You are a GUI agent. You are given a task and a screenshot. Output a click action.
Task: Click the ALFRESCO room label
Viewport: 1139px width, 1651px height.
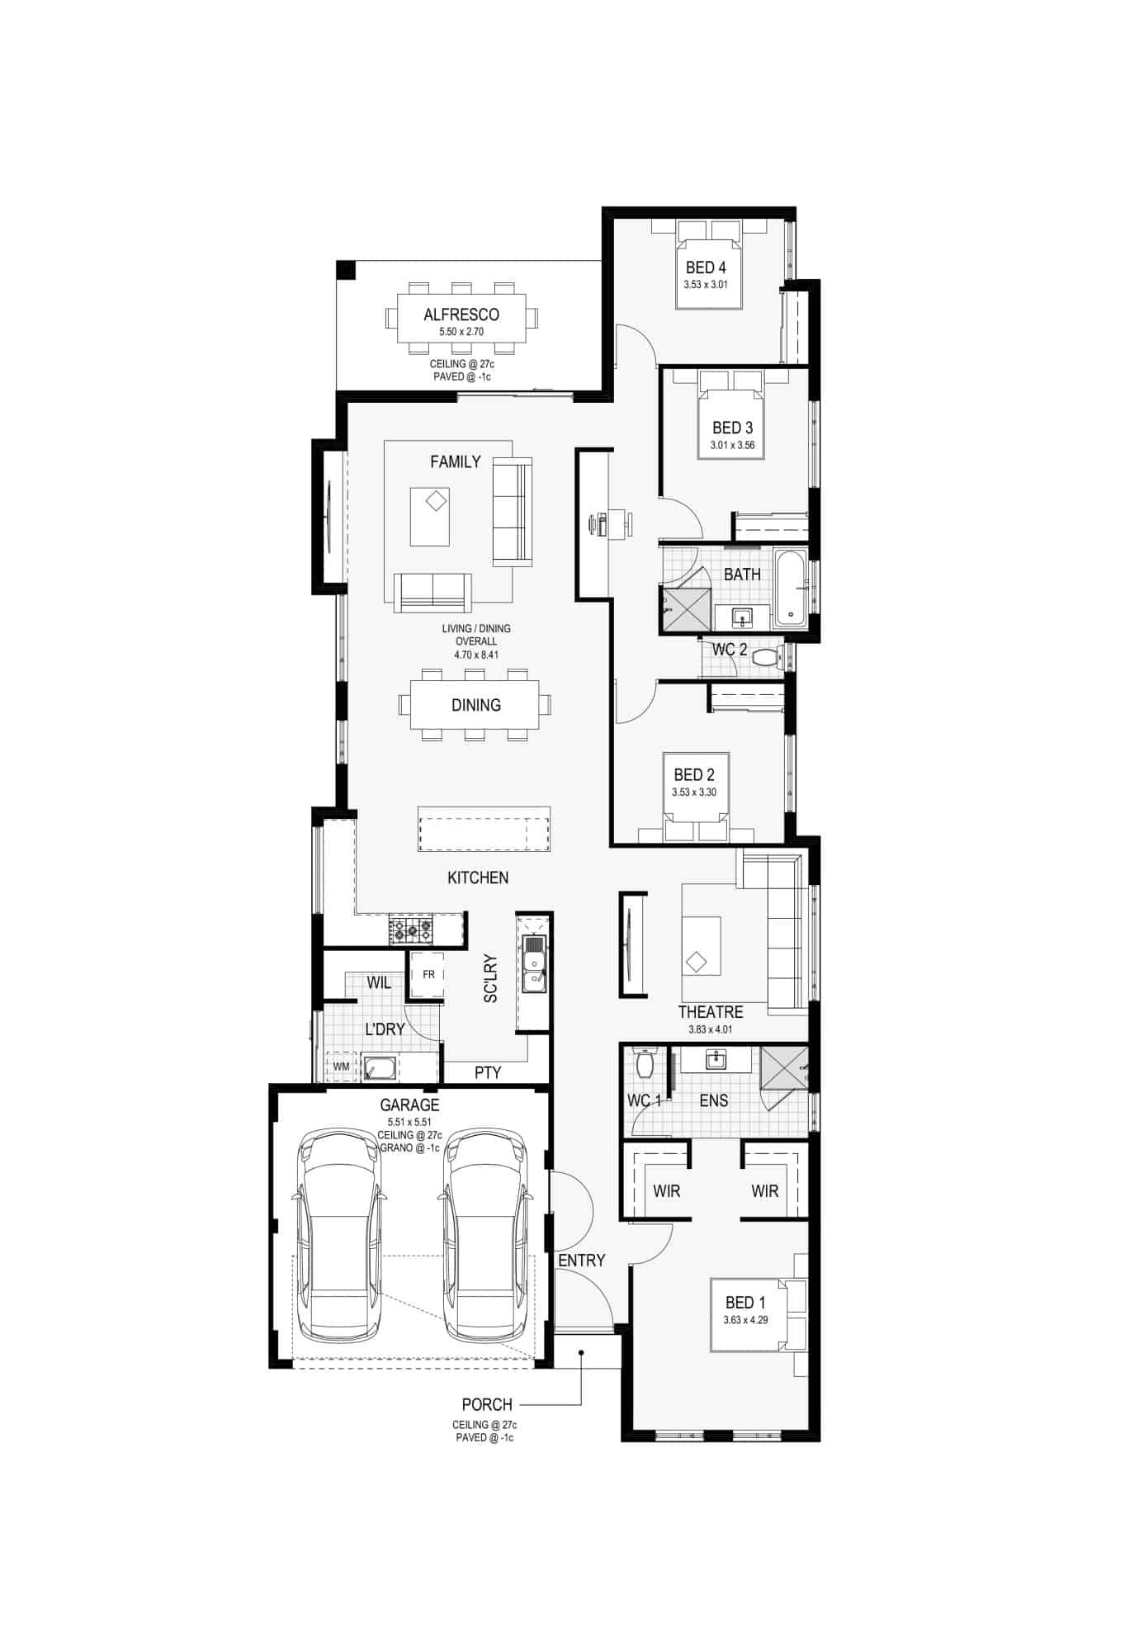click(461, 315)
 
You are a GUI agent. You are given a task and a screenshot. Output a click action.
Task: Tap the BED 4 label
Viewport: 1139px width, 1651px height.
click(706, 267)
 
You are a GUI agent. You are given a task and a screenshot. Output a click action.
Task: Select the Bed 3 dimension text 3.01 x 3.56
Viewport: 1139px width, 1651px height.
click(732, 446)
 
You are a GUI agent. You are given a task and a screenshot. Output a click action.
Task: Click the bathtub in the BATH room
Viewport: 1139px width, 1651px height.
click(792, 585)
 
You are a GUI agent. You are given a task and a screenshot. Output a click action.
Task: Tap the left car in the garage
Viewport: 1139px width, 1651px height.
click(339, 1237)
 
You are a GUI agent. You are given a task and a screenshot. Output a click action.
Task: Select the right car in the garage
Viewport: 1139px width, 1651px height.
click(485, 1237)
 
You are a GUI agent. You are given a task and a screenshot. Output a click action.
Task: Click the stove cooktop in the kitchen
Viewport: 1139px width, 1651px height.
click(411, 931)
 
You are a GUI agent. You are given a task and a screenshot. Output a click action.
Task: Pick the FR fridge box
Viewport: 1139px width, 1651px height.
click(428, 975)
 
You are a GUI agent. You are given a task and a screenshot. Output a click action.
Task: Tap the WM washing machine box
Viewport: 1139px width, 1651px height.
click(341, 1067)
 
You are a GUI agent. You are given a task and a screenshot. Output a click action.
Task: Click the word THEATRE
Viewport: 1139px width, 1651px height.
click(711, 1012)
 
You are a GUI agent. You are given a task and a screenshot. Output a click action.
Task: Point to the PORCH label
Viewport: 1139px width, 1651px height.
click(487, 1404)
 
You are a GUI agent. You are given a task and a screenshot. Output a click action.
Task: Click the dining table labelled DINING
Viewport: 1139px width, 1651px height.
click(475, 705)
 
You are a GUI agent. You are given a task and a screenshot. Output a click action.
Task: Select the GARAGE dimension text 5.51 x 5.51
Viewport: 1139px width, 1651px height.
click(409, 1123)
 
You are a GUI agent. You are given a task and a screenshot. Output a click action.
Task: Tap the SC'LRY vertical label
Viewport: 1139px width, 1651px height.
click(491, 979)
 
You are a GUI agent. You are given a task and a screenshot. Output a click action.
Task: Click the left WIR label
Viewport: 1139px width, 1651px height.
click(666, 1191)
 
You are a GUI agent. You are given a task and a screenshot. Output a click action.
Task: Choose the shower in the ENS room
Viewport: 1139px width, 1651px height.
click(783, 1068)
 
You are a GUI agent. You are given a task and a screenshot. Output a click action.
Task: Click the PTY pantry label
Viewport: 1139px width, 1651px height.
click(488, 1073)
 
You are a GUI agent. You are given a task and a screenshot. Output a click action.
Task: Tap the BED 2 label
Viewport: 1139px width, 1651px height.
click(694, 775)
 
